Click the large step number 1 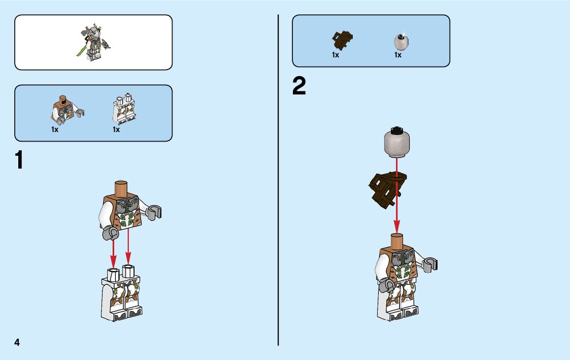[19, 160]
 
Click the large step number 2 [299, 86]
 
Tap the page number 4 [17, 343]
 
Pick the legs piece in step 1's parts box [123, 108]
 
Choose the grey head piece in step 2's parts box [401, 41]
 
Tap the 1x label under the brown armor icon [336, 55]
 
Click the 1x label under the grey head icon [398, 55]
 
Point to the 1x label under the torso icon [55, 130]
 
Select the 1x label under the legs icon [116, 130]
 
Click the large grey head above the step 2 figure [396, 143]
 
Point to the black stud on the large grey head [396, 128]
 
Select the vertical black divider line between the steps [278, 180]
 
